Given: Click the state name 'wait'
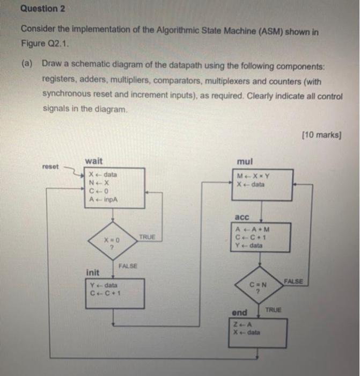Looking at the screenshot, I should [x=93, y=161].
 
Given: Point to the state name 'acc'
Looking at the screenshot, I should [x=243, y=217].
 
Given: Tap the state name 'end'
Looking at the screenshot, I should [x=239, y=313].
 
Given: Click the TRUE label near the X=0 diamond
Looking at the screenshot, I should [x=147, y=237].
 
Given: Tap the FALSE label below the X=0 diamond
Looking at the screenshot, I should [x=128, y=266].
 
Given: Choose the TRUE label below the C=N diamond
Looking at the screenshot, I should [x=274, y=310].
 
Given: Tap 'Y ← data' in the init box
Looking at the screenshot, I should [x=104, y=285].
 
